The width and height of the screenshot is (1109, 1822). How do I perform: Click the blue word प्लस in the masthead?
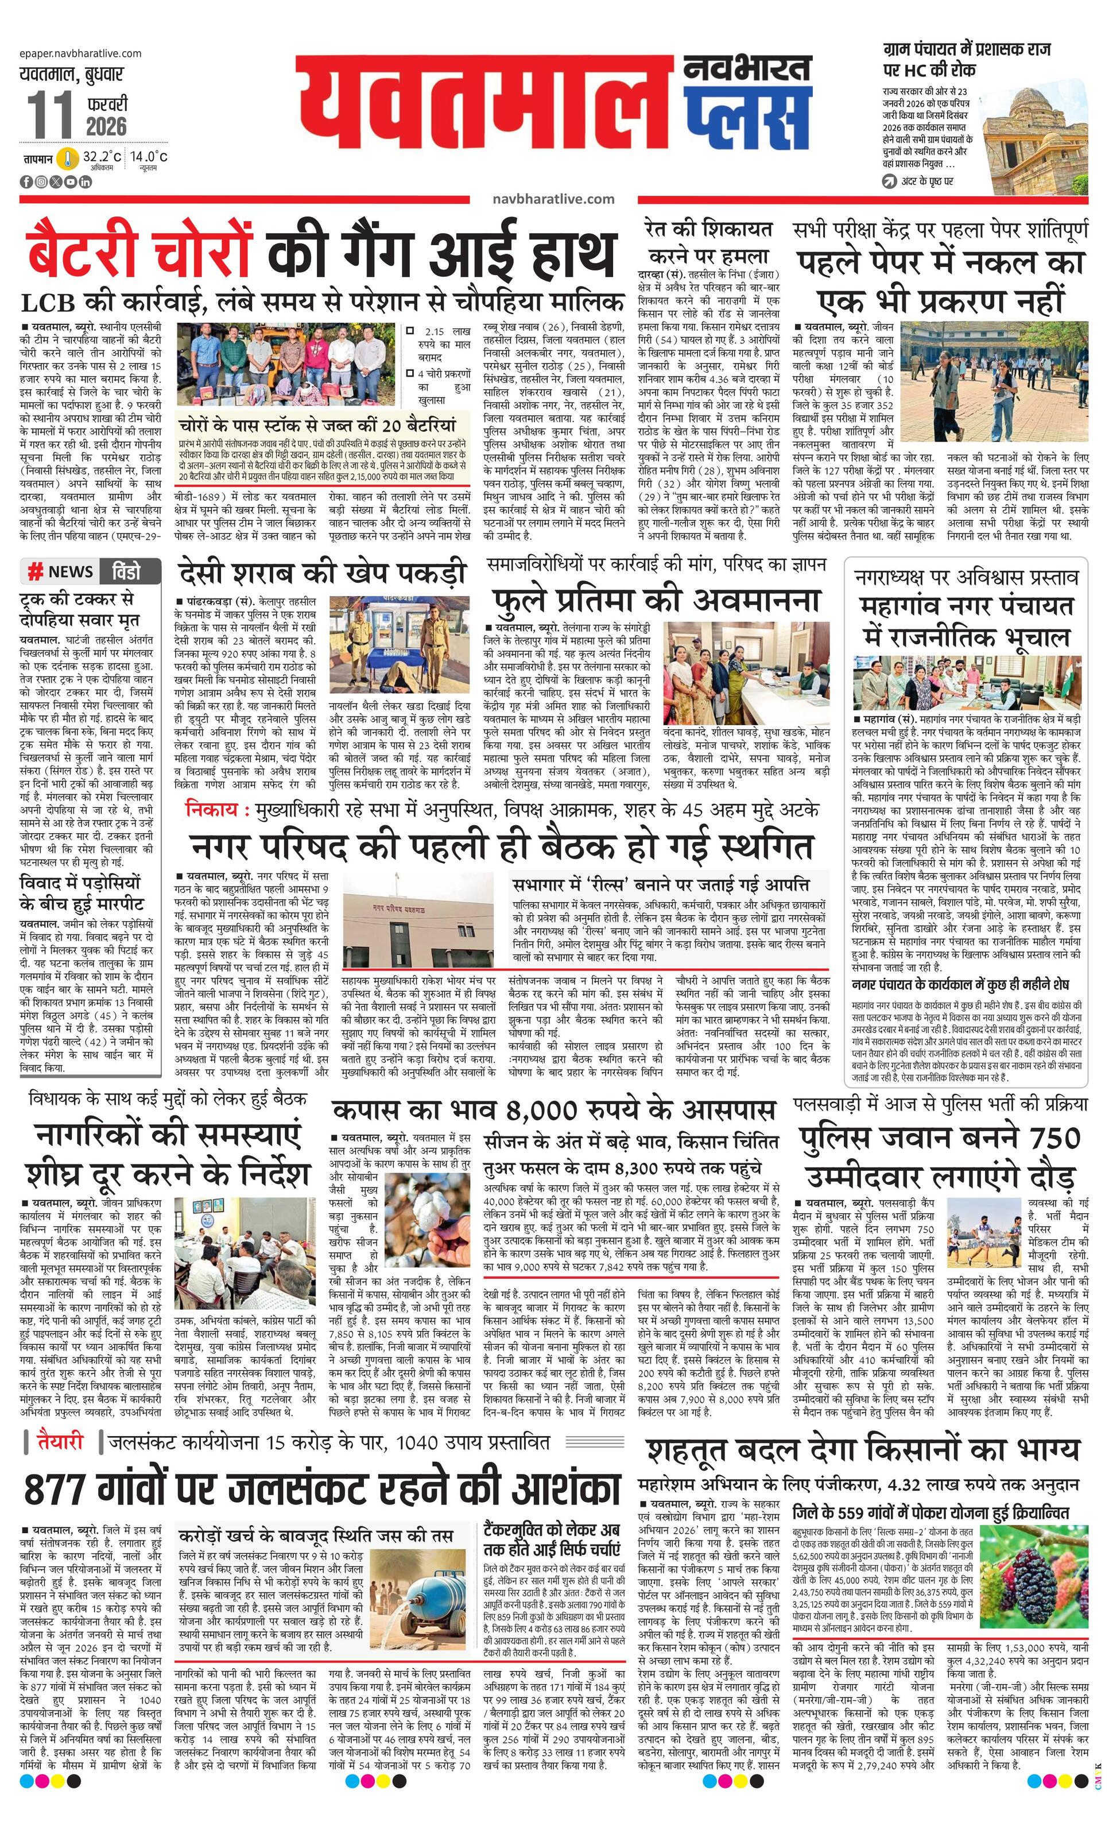746,121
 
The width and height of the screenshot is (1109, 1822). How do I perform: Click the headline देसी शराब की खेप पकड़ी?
323,573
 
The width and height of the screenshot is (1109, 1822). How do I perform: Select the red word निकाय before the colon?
212,809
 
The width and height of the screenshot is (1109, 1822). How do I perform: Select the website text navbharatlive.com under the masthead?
553,198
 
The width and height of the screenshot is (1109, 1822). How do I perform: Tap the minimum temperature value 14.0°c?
149,156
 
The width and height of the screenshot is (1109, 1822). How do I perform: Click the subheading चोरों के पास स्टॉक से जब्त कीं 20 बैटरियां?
318,425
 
